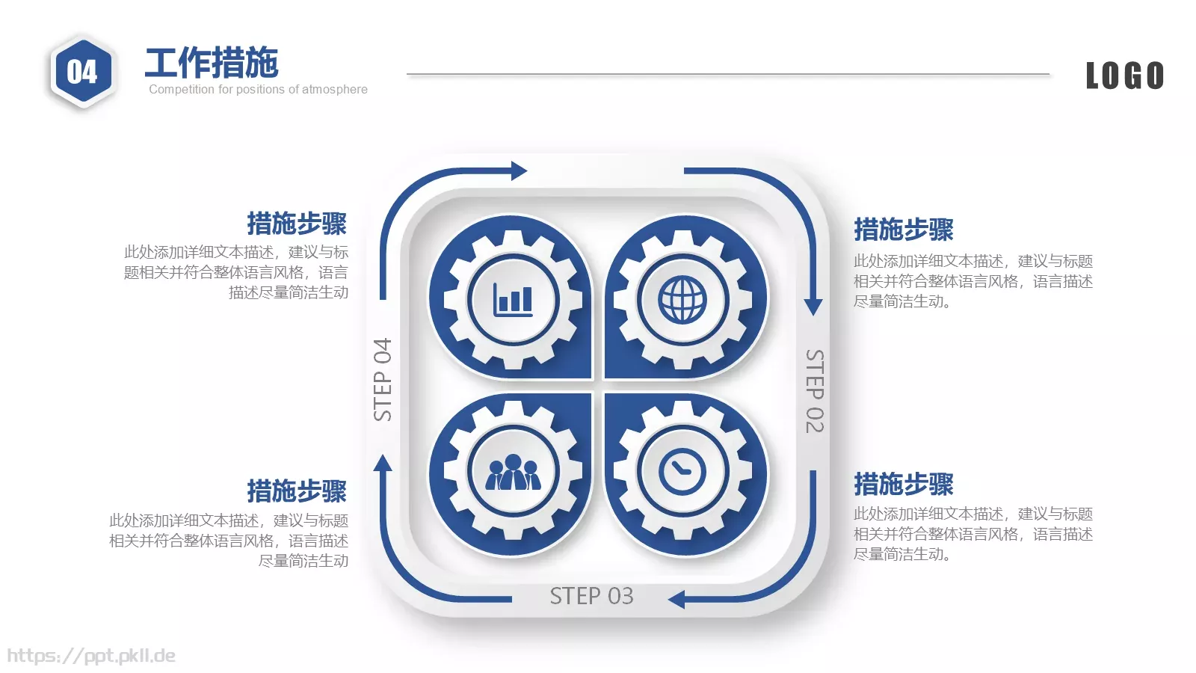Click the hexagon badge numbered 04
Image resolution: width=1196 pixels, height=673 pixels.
82,71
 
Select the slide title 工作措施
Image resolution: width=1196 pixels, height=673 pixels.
212,63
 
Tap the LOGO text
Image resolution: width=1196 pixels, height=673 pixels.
1125,76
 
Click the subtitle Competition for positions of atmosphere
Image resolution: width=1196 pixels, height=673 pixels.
258,89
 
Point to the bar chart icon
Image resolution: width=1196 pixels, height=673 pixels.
513,300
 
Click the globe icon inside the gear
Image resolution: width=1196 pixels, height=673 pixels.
682,300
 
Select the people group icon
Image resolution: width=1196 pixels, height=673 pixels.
513,472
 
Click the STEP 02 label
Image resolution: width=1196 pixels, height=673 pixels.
814,391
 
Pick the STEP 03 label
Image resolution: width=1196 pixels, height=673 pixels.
591,596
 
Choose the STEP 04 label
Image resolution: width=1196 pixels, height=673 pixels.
382,380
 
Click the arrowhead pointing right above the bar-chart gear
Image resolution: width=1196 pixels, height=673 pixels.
519,171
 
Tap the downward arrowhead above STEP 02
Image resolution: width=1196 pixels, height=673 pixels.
813,307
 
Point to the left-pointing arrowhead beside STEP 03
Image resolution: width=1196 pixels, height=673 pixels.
676,599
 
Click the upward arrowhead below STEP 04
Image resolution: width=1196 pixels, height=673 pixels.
382,463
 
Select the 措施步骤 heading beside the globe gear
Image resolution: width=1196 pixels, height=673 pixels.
904,230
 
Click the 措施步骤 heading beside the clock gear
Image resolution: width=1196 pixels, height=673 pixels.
904,484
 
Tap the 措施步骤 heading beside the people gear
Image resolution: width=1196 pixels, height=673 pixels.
297,491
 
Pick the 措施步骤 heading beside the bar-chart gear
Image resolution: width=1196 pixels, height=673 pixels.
297,224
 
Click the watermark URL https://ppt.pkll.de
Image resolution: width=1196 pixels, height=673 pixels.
91,656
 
